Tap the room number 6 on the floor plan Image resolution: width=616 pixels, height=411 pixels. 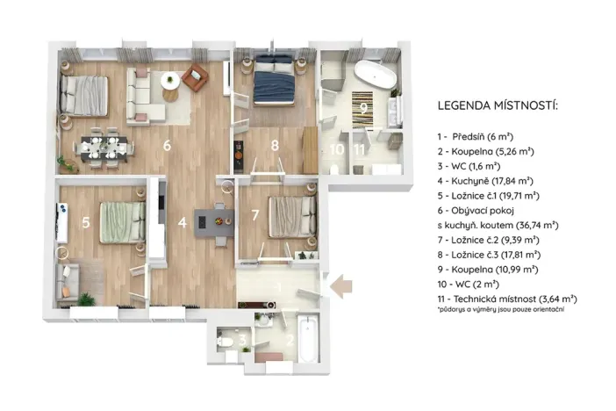[165, 146]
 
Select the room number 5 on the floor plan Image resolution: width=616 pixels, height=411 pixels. [85, 223]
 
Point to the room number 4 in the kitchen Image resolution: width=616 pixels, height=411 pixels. [182, 223]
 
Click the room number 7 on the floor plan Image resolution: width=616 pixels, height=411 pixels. [255, 215]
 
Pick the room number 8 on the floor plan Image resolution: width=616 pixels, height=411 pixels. [275, 146]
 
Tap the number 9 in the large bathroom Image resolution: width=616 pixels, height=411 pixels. [362, 108]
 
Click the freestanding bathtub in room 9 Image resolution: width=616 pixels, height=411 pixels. [373, 76]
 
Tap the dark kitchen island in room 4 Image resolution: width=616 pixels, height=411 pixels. [211, 223]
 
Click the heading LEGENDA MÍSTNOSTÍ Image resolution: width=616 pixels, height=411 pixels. [498, 106]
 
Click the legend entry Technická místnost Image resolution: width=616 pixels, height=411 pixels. [506, 299]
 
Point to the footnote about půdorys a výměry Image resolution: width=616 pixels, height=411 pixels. [500, 311]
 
